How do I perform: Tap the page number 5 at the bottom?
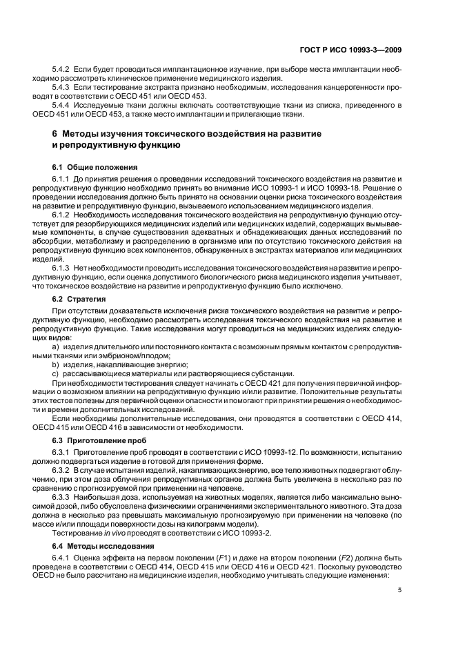(401, 590)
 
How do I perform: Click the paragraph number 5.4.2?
(62, 70)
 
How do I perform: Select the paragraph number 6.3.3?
(62, 496)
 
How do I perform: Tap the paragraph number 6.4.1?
(62, 556)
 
